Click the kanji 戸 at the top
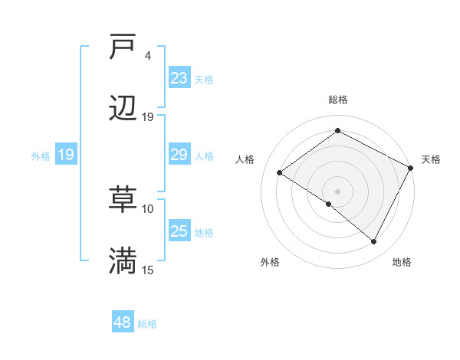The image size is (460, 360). point(123,47)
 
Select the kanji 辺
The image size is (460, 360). point(123,109)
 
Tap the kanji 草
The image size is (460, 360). point(123,200)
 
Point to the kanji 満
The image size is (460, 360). point(123,261)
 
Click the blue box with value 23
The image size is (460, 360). point(179,78)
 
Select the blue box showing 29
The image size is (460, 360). point(179,155)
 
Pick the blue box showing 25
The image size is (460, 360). point(179,231)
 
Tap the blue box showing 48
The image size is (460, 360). point(123,322)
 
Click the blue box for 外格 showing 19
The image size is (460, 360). point(66,155)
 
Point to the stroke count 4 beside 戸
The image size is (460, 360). point(148,56)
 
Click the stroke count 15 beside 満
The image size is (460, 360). point(148,270)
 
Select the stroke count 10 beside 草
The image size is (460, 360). point(148,208)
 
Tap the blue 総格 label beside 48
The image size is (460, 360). point(147,324)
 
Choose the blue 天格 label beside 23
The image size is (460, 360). point(204,80)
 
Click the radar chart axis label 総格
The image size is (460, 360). point(337,100)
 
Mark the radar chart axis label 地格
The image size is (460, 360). point(402,263)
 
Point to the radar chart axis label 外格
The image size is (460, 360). point(270,263)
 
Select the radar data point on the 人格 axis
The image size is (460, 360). point(280,173)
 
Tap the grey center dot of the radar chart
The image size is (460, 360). point(337,191)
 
